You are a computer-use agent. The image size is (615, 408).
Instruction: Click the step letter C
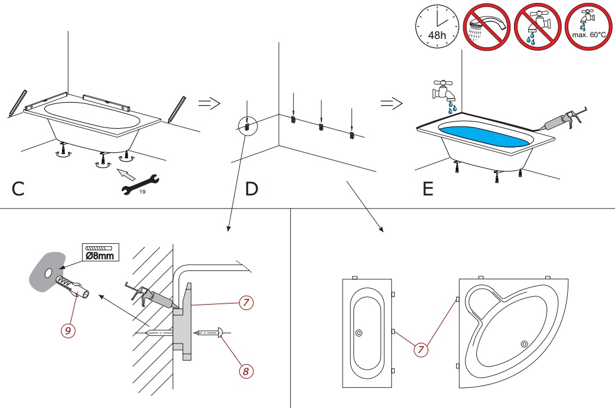18,190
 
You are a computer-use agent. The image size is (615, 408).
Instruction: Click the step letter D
252,190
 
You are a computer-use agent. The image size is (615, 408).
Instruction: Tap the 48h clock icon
437,27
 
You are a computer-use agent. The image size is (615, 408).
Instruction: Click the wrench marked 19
138,182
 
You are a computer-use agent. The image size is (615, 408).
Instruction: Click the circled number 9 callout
69,331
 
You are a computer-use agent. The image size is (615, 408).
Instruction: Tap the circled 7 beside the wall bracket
247,303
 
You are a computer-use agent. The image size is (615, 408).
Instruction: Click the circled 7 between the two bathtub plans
421,350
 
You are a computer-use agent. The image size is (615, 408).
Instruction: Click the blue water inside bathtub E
483,136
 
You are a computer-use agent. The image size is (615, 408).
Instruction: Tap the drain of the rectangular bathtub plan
359,333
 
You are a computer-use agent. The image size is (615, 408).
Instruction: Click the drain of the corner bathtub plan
523,344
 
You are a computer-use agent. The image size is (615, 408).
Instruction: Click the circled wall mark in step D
248,126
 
